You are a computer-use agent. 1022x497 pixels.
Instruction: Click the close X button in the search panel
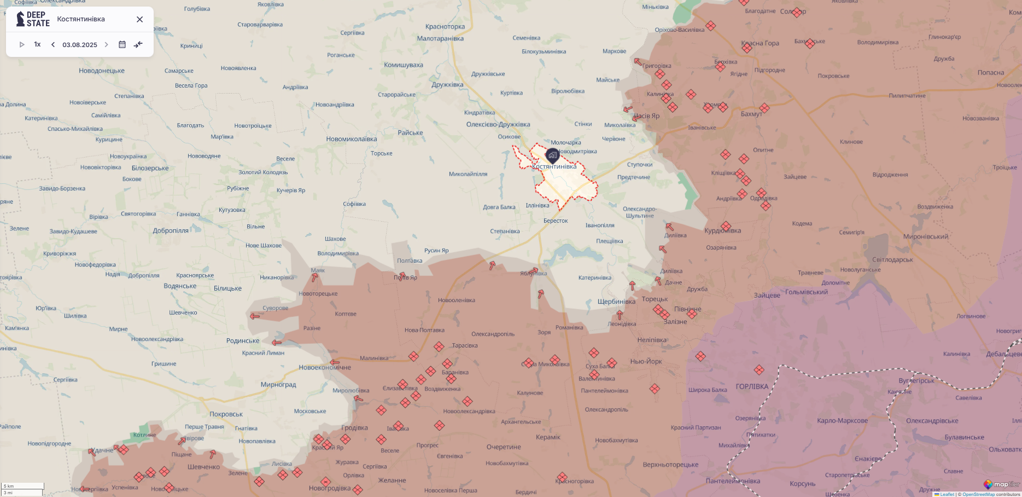pyautogui.click(x=139, y=19)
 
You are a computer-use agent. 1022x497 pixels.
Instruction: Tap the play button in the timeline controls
pyautogui.click(x=22, y=44)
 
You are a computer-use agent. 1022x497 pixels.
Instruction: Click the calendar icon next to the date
pyautogui.click(x=122, y=44)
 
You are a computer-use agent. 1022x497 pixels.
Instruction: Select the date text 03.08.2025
pyautogui.click(x=80, y=45)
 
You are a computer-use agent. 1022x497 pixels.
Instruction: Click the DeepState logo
pyautogui.click(x=33, y=19)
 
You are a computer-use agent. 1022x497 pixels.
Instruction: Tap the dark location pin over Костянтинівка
pyautogui.click(x=553, y=155)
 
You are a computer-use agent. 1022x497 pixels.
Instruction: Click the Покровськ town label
pyautogui.click(x=226, y=414)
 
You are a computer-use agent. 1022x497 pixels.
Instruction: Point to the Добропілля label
pyautogui.click(x=171, y=231)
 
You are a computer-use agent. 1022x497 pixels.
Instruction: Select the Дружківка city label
pyautogui.click(x=447, y=85)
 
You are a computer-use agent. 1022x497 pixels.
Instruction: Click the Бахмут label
pyautogui.click(x=751, y=114)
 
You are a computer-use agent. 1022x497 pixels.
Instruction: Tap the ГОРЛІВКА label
pyautogui.click(x=752, y=386)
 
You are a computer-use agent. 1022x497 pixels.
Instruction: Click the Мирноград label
pyautogui.click(x=278, y=385)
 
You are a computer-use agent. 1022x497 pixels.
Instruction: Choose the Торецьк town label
pyautogui.click(x=655, y=299)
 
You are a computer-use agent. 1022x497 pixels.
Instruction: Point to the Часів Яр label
pyautogui.click(x=647, y=116)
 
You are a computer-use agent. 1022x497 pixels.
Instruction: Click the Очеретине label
pyautogui.click(x=504, y=447)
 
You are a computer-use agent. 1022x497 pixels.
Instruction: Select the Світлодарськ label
pyautogui.click(x=892, y=260)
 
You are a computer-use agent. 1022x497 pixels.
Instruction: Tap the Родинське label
pyautogui.click(x=243, y=341)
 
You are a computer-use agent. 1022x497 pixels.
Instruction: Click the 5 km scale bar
pyautogui.click(x=22, y=486)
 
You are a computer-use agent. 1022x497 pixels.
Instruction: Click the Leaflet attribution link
pyautogui.click(x=947, y=494)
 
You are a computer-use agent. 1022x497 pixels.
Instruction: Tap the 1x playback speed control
pyautogui.click(x=37, y=44)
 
